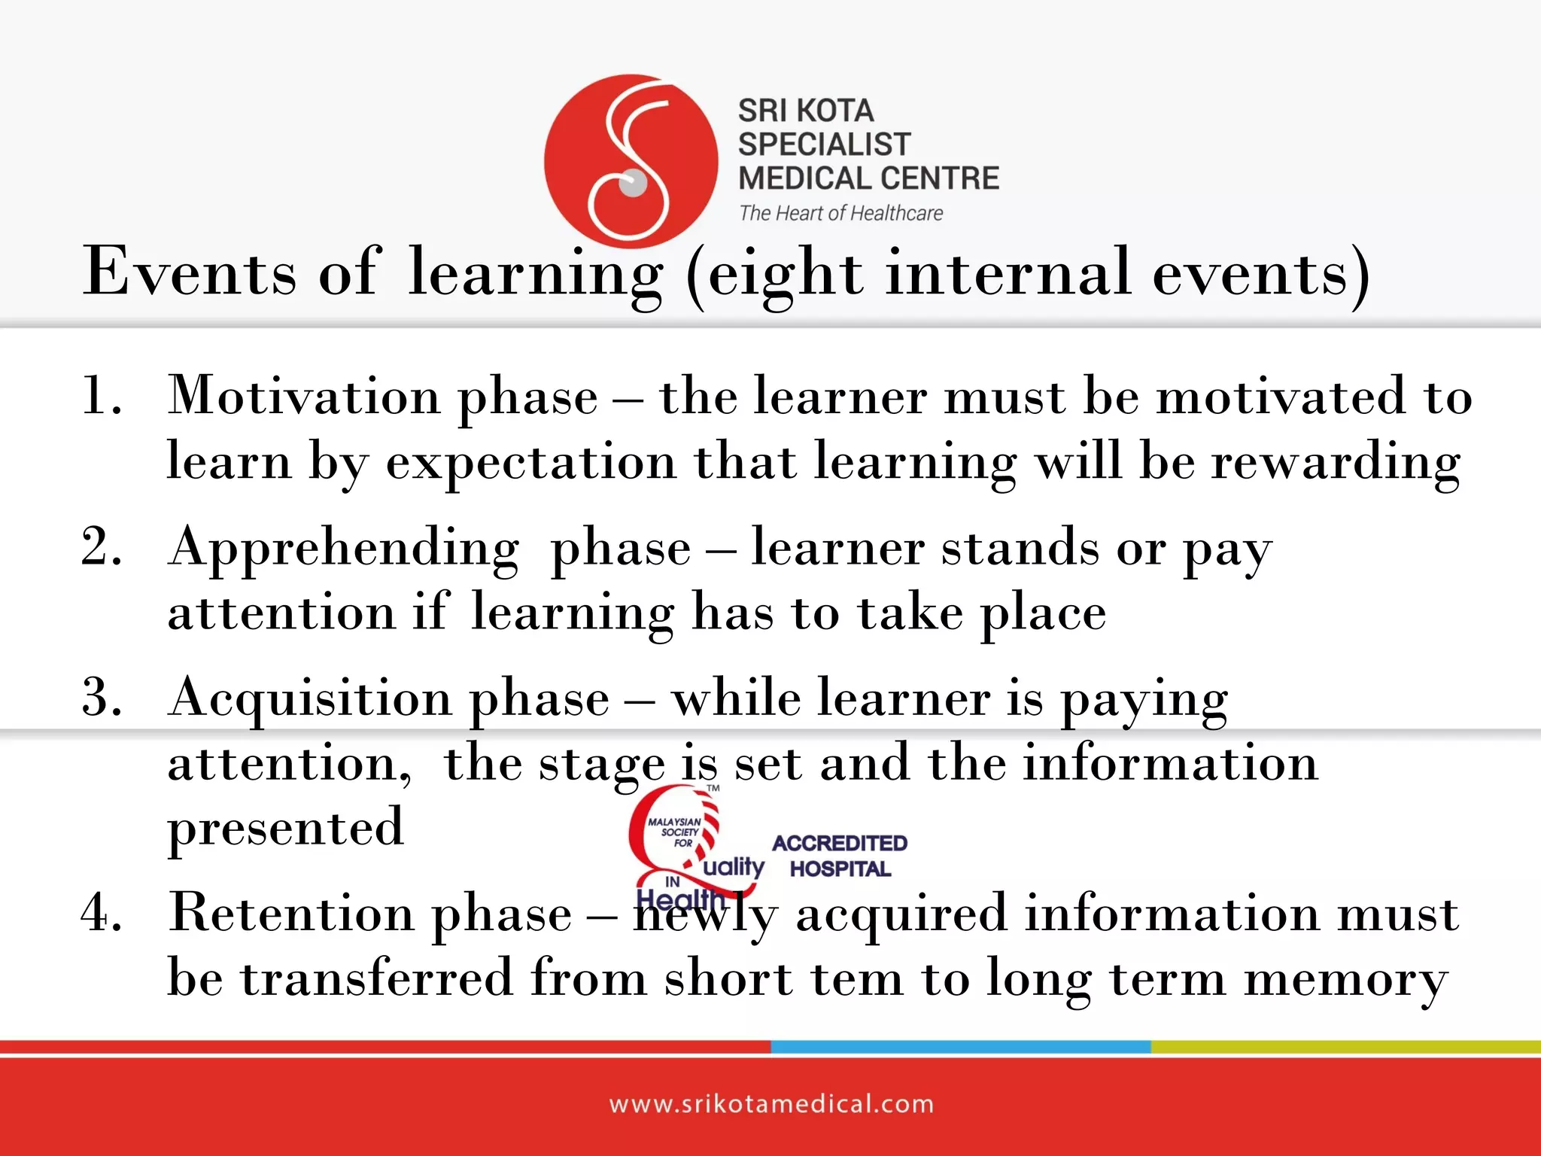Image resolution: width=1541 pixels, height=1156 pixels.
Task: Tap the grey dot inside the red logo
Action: point(633,183)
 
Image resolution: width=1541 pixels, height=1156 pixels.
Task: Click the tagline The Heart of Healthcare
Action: point(840,214)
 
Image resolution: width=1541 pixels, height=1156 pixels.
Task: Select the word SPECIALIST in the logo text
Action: point(824,144)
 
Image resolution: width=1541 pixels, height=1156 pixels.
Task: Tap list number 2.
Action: point(102,546)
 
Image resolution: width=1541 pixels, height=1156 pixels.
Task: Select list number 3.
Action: point(102,697)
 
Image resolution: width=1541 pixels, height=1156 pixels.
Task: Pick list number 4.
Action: point(102,912)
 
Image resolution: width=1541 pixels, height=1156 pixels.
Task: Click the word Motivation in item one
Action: point(303,396)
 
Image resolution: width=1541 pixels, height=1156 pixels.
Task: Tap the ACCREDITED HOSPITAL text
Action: point(840,856)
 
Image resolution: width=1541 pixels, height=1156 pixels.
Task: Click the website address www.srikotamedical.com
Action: point(771,1104)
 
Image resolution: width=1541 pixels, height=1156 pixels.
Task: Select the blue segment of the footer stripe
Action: point(960,1047)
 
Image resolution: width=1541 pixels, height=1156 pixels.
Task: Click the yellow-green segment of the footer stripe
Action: point(1345,1047)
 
